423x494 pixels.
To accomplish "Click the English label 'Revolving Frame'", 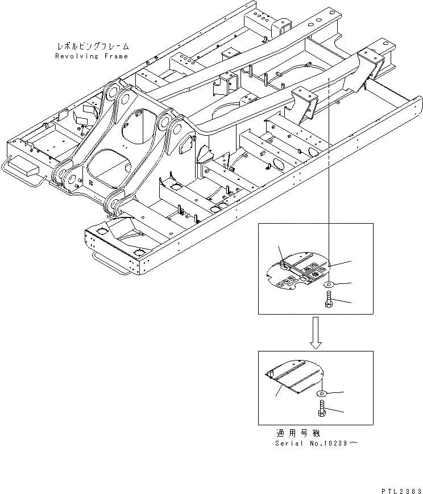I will point(92,56).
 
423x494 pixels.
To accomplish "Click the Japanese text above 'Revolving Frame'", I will point(93,47).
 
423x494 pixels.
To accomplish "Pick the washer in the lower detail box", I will point(322,393).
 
